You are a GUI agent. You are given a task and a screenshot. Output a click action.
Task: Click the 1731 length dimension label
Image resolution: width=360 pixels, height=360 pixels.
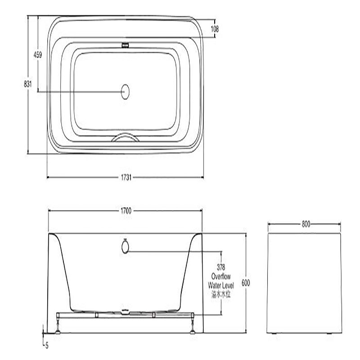[x=126, y=177]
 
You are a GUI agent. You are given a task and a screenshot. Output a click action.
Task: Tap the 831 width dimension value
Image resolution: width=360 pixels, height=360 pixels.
[x=28, y=84]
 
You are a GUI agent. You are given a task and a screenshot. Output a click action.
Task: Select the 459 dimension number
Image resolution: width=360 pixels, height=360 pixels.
[x=38, y=55]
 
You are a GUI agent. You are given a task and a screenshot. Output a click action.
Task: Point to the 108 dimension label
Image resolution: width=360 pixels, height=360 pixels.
[x=215, y=29]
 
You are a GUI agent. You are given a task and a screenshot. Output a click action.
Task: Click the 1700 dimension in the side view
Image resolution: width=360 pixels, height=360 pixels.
[x=126, y=211]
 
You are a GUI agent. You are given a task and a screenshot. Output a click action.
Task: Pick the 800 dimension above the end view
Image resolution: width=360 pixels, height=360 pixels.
[x=306, y=224]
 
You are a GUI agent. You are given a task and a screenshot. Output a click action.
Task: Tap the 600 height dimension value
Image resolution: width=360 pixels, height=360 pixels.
[x=246, y=283]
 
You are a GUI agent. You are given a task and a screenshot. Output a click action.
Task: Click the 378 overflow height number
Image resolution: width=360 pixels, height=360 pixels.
[x=221, y=267]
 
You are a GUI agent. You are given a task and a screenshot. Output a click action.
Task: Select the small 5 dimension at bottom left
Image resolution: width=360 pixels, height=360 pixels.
[x=47, y=346]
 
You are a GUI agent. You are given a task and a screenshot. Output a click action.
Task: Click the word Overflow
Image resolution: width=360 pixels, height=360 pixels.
[x=221, y=276]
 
